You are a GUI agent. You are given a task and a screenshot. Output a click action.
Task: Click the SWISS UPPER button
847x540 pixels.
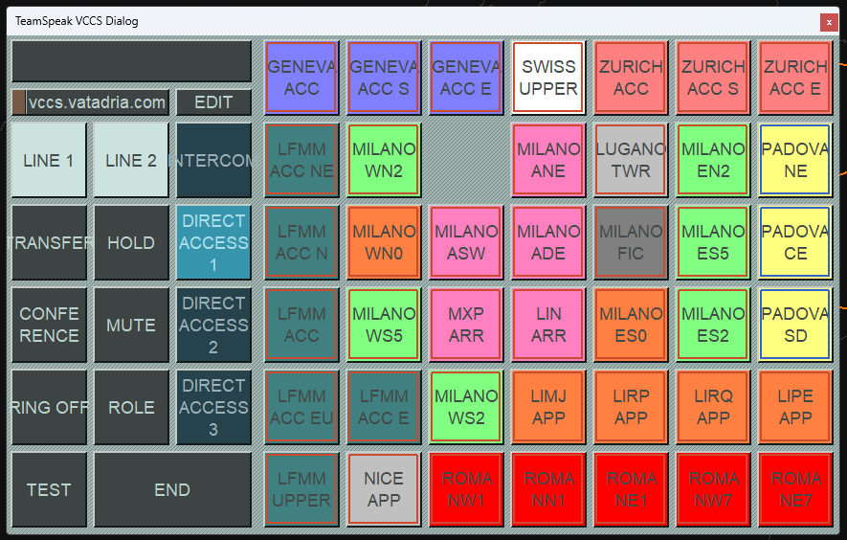548,78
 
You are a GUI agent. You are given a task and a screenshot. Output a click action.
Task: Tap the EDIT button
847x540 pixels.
213,102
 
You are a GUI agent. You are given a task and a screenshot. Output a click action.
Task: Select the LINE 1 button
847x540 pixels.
49,160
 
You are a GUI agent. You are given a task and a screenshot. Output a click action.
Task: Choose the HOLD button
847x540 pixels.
131,242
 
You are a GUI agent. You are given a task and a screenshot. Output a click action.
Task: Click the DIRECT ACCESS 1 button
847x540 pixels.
213,242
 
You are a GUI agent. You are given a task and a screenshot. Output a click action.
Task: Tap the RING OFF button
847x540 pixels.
49,407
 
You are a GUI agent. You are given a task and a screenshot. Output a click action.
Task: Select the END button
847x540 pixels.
172,489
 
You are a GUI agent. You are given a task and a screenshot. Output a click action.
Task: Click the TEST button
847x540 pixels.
49,489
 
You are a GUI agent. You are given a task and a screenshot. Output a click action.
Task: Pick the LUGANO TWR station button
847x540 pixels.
631,160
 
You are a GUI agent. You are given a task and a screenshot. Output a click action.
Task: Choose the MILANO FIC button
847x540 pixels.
631,242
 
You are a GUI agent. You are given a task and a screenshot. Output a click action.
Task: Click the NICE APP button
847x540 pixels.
384,489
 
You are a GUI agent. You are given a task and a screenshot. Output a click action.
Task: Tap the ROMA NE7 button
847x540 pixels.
795,489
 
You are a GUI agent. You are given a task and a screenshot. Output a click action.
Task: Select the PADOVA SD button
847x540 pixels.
795,325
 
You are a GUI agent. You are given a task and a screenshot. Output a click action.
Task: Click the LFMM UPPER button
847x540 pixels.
301,489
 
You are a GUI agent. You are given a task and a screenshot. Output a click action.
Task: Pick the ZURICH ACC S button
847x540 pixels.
713,78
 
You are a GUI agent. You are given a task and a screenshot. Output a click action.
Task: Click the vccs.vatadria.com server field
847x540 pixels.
98,102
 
